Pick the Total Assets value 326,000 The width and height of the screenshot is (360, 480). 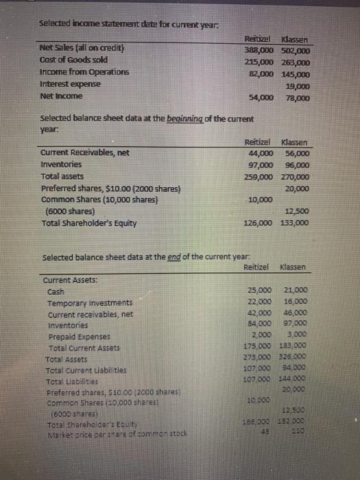(x=296, y=357)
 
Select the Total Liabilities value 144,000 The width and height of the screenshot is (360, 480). (x=296, y=377)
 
